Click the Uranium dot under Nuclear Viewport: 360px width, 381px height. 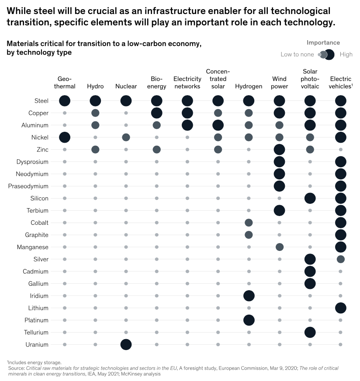(x=126, y=344)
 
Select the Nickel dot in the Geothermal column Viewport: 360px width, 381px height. (x=65, y=137)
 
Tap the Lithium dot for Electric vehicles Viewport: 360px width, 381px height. (x=340, y=308)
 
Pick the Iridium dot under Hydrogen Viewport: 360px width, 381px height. (x=249, y=295)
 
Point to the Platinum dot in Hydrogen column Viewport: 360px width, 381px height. (x=249, y=320)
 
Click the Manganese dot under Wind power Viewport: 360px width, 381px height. (x=280, y=247)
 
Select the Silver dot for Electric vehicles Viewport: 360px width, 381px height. (x=340, y=259)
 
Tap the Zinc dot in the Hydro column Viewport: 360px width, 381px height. (x=95, y=149)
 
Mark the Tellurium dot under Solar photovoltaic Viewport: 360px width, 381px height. (x=310, y=332)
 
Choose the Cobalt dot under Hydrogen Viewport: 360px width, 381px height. (x=249, y=223)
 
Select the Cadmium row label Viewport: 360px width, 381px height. (x=35, y=271)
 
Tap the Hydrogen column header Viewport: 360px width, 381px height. (x=249, y=86)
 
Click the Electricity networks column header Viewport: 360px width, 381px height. (x=187, y=82)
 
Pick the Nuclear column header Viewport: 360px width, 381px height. (x=126, y=86)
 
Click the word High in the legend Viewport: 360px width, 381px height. (x=346, y=55)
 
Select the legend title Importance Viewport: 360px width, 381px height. (x=323, y=43)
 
